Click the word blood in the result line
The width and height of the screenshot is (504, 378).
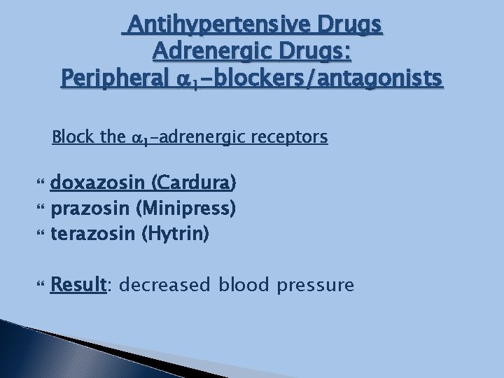coord(239,286)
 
